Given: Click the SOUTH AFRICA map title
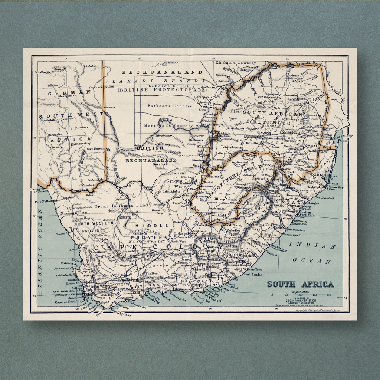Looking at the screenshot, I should click(300, 285).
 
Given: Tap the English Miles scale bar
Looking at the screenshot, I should click(301, 295).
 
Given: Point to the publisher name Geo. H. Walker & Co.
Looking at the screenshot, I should click(301, 301).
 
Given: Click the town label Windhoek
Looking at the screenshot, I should click(42, 72).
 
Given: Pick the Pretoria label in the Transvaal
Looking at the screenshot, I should click(264, 132).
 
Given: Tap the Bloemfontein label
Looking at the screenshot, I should click(226, 199).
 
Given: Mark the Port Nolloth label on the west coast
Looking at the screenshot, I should click(45, 202).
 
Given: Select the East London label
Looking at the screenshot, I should click(253, 274).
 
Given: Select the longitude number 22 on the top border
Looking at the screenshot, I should click(140, 58).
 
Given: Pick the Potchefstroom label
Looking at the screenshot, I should click(232, 147).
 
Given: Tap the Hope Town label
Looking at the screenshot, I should click(180, 203).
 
